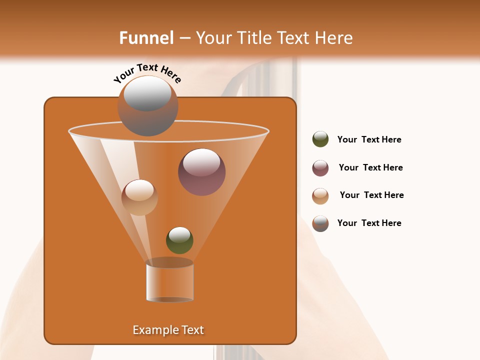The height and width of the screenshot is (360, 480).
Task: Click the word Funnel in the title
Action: click(146, 38)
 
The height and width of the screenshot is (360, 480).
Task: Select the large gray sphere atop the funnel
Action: click(147, 105)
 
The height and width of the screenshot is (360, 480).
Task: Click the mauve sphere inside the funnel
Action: click(201, 172)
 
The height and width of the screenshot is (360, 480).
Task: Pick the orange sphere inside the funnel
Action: click(139, 197)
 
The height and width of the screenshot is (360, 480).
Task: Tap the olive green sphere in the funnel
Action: click(179, 240)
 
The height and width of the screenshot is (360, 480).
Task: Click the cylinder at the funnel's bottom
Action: click(169, 281)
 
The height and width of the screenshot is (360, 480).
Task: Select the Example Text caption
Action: click(168, 330)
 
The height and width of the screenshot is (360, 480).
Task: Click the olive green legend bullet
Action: click(320, 139)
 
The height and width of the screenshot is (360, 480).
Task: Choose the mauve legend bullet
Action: click(320, 168)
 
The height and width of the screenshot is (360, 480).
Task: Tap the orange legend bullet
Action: click(320, 196)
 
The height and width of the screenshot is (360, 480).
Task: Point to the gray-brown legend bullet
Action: click(320, 223)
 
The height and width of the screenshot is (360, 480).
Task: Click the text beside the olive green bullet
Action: click(369, 140)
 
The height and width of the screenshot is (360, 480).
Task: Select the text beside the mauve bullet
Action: click(370, 168)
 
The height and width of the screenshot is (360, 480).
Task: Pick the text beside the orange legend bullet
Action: click(371, 195)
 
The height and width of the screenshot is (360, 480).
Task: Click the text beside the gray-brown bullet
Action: click(369, 223)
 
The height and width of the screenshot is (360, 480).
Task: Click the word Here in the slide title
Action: click(335, 38)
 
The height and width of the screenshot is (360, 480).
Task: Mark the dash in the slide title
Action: click(184, 38)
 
